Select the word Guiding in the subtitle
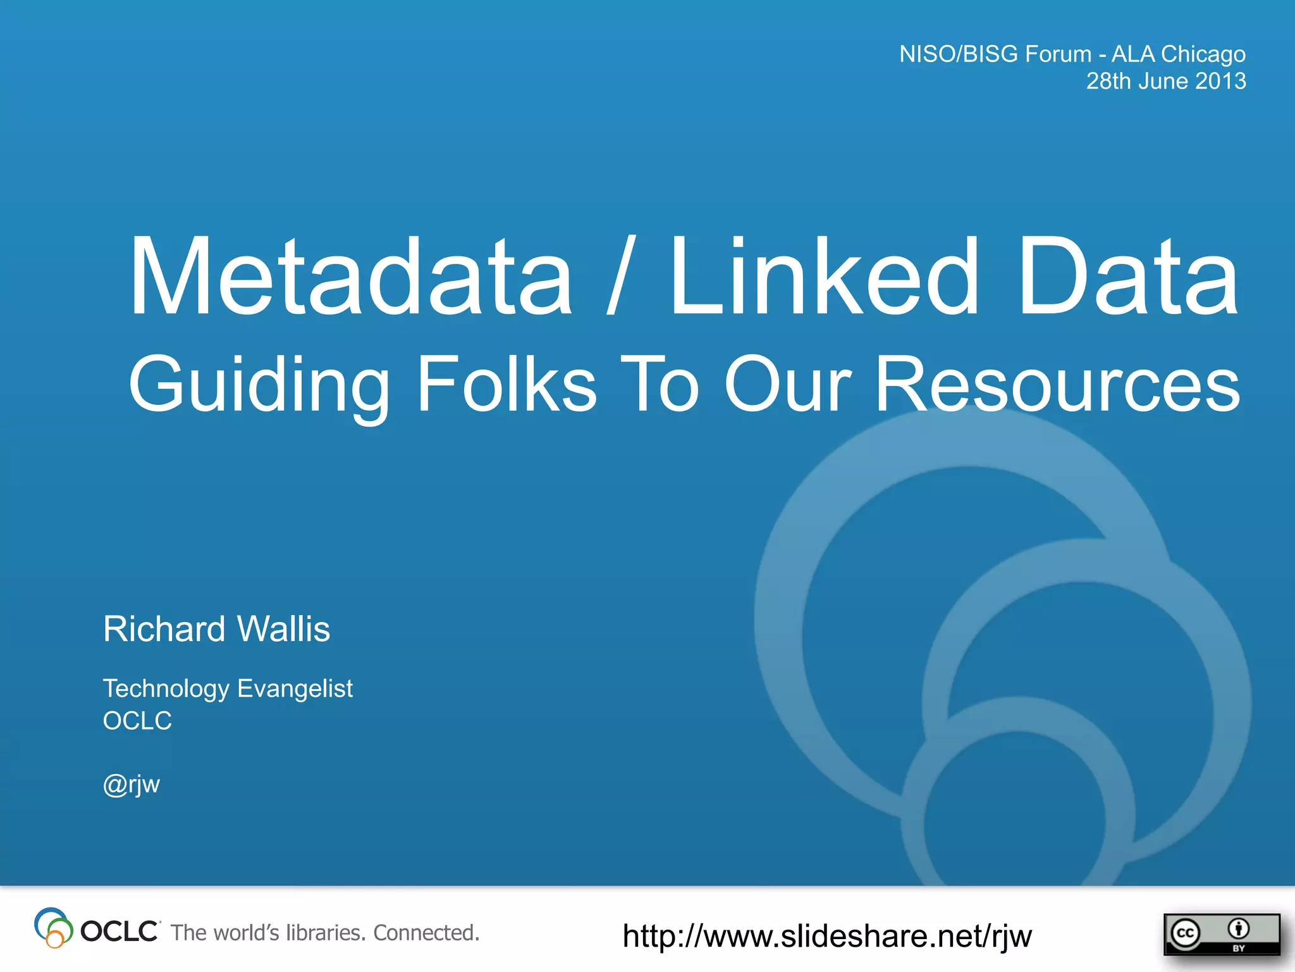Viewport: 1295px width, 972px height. pyautogui.click(x=259, y=385)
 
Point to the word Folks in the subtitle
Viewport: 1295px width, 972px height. pyautogui.click(x=506, y=383)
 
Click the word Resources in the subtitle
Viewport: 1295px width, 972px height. pyautogui.click(x=1057, y=383)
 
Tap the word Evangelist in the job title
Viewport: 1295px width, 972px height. pyautogui.click(x=295, y=689)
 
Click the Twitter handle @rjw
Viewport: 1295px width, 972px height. pyautogui.click(x=132, y=785)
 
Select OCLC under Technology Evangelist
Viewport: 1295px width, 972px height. pyautogui.click(x=137, y=721)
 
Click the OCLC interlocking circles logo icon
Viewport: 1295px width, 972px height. pyautogui.click(x=53, y=928)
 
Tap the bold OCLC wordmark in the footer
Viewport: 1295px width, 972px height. pyautogui.click(x=120, y=931)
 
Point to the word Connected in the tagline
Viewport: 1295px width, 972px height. pyautogui.click(x=426, y=933)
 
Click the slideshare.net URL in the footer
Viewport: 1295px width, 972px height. pyautogui.click(x=827, y=936)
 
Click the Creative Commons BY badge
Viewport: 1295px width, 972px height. pyautogui.click(x=1220, y=934)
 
